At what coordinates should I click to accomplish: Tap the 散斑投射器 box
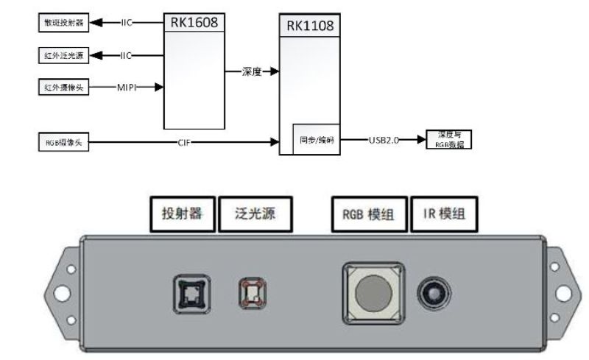[x=63, y=23]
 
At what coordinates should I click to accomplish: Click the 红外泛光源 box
[x=63, y=55]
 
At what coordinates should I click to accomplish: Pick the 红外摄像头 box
[x=63, y=88]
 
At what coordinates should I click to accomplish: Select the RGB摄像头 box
[x=63, y=141]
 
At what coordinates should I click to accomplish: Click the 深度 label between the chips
[x=251, y=71]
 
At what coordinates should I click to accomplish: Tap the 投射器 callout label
[x=183, y=214]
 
